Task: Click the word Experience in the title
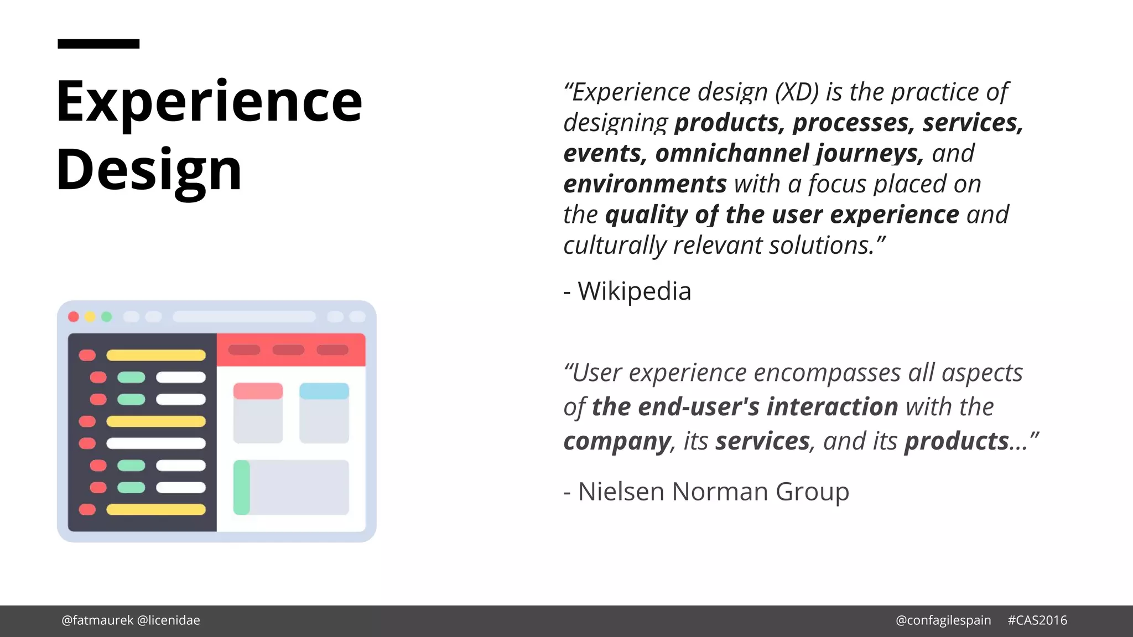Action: click(209, 102)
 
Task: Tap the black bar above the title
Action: click(98, 44)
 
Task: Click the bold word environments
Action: click(645, 184)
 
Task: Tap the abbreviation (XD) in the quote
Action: click(797, 92)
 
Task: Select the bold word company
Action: click(617, 441)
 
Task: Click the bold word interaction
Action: click(832, 407)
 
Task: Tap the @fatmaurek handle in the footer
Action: click(97, 620)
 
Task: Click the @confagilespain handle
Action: click(943, 620)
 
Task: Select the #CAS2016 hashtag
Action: click(1037, 620)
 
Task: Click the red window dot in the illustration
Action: click(74, 317)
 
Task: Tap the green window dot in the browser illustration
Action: click(107, 317)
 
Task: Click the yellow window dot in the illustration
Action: click(90, 317)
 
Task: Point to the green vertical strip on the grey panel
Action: click(242, 488)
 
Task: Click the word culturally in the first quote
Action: click(615, 246)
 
